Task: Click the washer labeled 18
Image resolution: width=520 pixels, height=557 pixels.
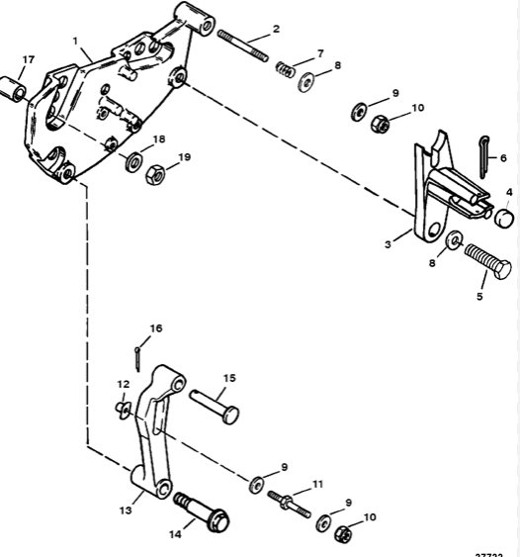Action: [132, 160]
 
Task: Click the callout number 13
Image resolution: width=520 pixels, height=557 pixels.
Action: [126, 511]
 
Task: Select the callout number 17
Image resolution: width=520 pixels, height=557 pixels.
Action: [27, 60]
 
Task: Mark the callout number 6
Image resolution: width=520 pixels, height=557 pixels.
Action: [503, 158]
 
